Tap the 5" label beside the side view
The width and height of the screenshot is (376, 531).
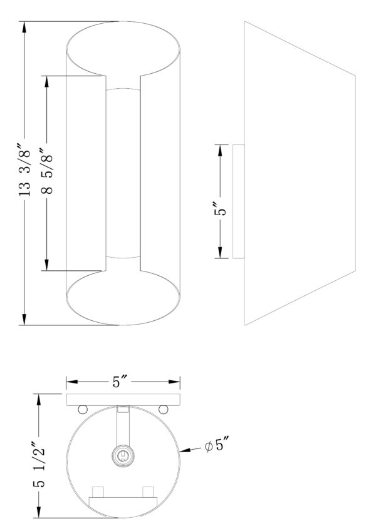220,209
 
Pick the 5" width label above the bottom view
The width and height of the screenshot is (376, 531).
120,382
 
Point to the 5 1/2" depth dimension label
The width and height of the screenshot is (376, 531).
39,464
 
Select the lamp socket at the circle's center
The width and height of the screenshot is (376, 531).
122,457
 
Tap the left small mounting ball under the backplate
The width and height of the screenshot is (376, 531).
83,409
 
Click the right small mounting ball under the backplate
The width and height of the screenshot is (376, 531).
163,409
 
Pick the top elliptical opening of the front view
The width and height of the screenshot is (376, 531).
123,48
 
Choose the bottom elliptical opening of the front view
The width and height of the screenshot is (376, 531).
123,298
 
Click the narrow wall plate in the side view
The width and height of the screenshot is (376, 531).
239,201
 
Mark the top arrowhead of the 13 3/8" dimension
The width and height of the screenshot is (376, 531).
24,27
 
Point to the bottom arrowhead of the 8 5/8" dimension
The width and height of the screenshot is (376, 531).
47,265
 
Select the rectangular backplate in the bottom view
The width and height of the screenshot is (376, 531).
123,400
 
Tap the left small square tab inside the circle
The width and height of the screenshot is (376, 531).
98,492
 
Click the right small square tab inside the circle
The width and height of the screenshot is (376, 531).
149,492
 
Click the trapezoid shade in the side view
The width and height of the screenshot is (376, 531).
300,173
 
